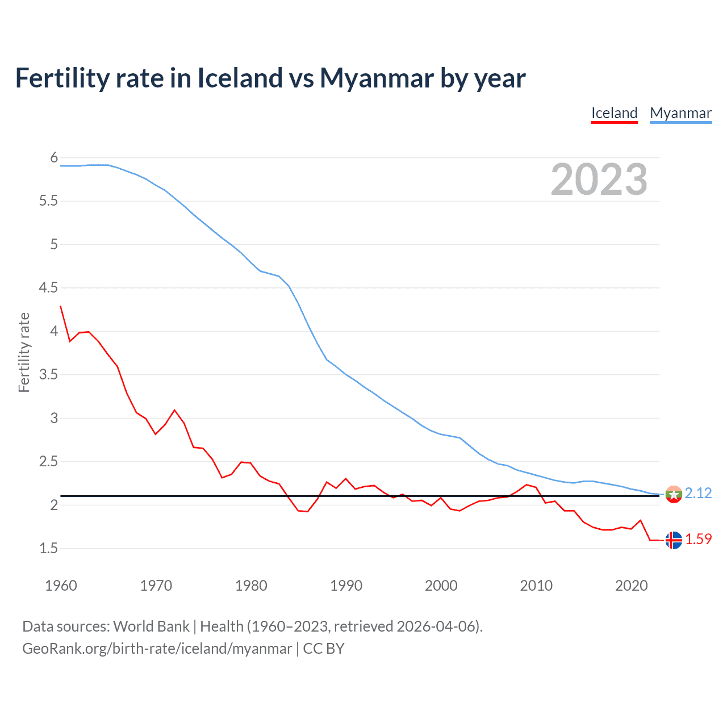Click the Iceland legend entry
(x=614, y=113)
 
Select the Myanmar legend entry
(x=680, y=113)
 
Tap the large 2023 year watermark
(x=599, y=179)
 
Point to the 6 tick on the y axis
(x=54, y=157)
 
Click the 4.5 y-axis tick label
(x=48, y=288)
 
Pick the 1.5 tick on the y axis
(x=48, y=549)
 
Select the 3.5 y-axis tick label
(x=48, y=375)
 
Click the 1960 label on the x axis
(x=61, y=586)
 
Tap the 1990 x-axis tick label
(x=346, y=586)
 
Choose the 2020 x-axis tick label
(x=631, y=586)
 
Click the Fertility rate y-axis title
(x=24, y=352)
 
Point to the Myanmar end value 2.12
(x=698, y=493)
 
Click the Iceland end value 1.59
(x=698, y=539)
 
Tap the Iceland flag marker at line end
(x=674, y=540)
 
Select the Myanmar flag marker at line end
(x=674, y=494)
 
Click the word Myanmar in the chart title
(x=377, y=78)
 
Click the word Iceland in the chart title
(x=240, y=78)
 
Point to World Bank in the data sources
(x=151, y=626)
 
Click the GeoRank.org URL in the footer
(x=157, y=649)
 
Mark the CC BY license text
(x=324, y=649)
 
